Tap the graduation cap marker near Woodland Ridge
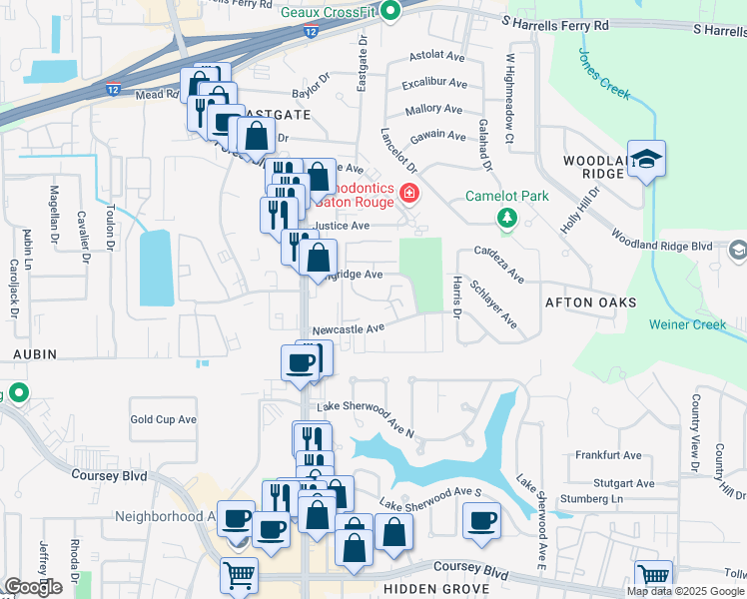(646, 160)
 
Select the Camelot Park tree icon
(507, 217)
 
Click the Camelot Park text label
(507, 196)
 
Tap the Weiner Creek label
(696, 323)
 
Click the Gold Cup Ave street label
(163, 420)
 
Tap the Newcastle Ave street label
(348, 327)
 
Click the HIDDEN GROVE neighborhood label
(436, 590)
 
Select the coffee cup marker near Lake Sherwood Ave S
(482, 521)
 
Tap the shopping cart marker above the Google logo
(239, 575)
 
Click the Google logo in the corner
(33, 587)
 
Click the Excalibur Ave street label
(434, 84)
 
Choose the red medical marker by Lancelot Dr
(407, 193)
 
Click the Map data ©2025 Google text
(685, 591)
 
